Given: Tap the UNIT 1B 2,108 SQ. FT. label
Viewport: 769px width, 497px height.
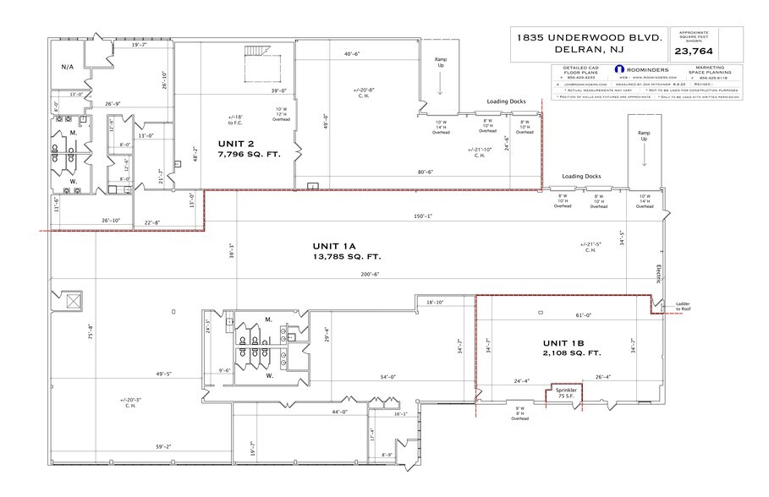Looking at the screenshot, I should [x=571, y=347].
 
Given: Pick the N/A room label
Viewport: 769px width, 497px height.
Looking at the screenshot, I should [x=68, y=66].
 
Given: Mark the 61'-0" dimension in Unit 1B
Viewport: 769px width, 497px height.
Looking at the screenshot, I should [x=571, y=315].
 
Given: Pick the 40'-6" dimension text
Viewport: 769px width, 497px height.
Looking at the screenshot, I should [x=353, y=55].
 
